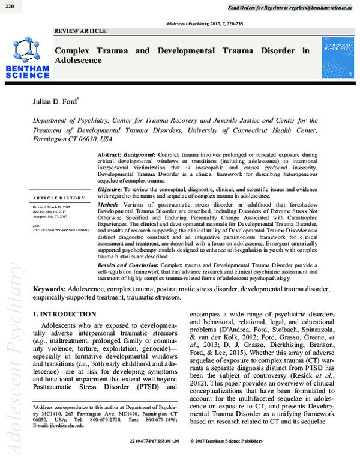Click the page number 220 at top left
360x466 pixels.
9,6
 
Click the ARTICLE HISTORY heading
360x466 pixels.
59,198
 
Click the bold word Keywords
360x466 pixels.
49,289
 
